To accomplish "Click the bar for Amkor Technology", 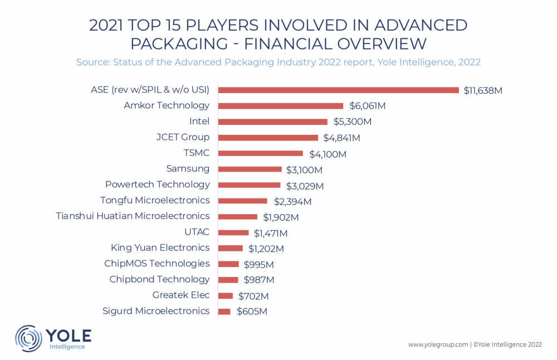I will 281,106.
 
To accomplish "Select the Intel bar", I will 273,121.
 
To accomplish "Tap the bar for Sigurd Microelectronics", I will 224,312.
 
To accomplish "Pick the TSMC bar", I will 261,153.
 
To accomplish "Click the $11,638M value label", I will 483,90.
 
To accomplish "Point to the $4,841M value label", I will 341,138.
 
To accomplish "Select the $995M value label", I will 258,264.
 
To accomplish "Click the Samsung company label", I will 188,169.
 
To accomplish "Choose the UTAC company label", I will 198,232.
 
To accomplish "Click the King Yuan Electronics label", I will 160,247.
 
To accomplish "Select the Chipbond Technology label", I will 159,279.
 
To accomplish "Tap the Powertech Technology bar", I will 250,185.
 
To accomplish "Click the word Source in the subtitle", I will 92,62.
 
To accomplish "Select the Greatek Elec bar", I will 226,296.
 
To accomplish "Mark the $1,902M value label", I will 281,217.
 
